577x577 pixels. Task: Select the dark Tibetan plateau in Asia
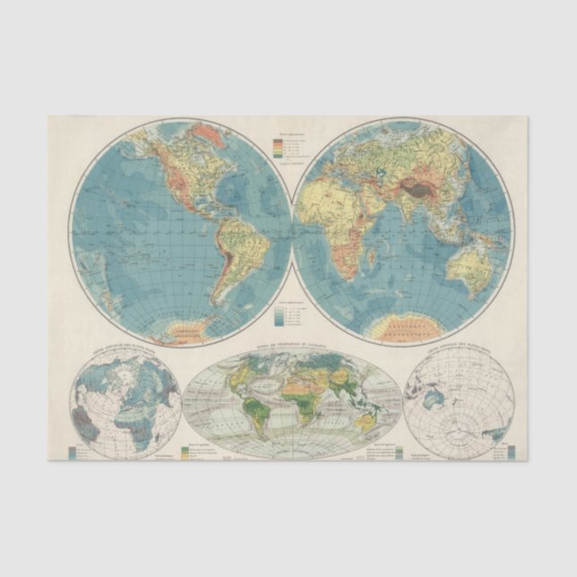(419, 187)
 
